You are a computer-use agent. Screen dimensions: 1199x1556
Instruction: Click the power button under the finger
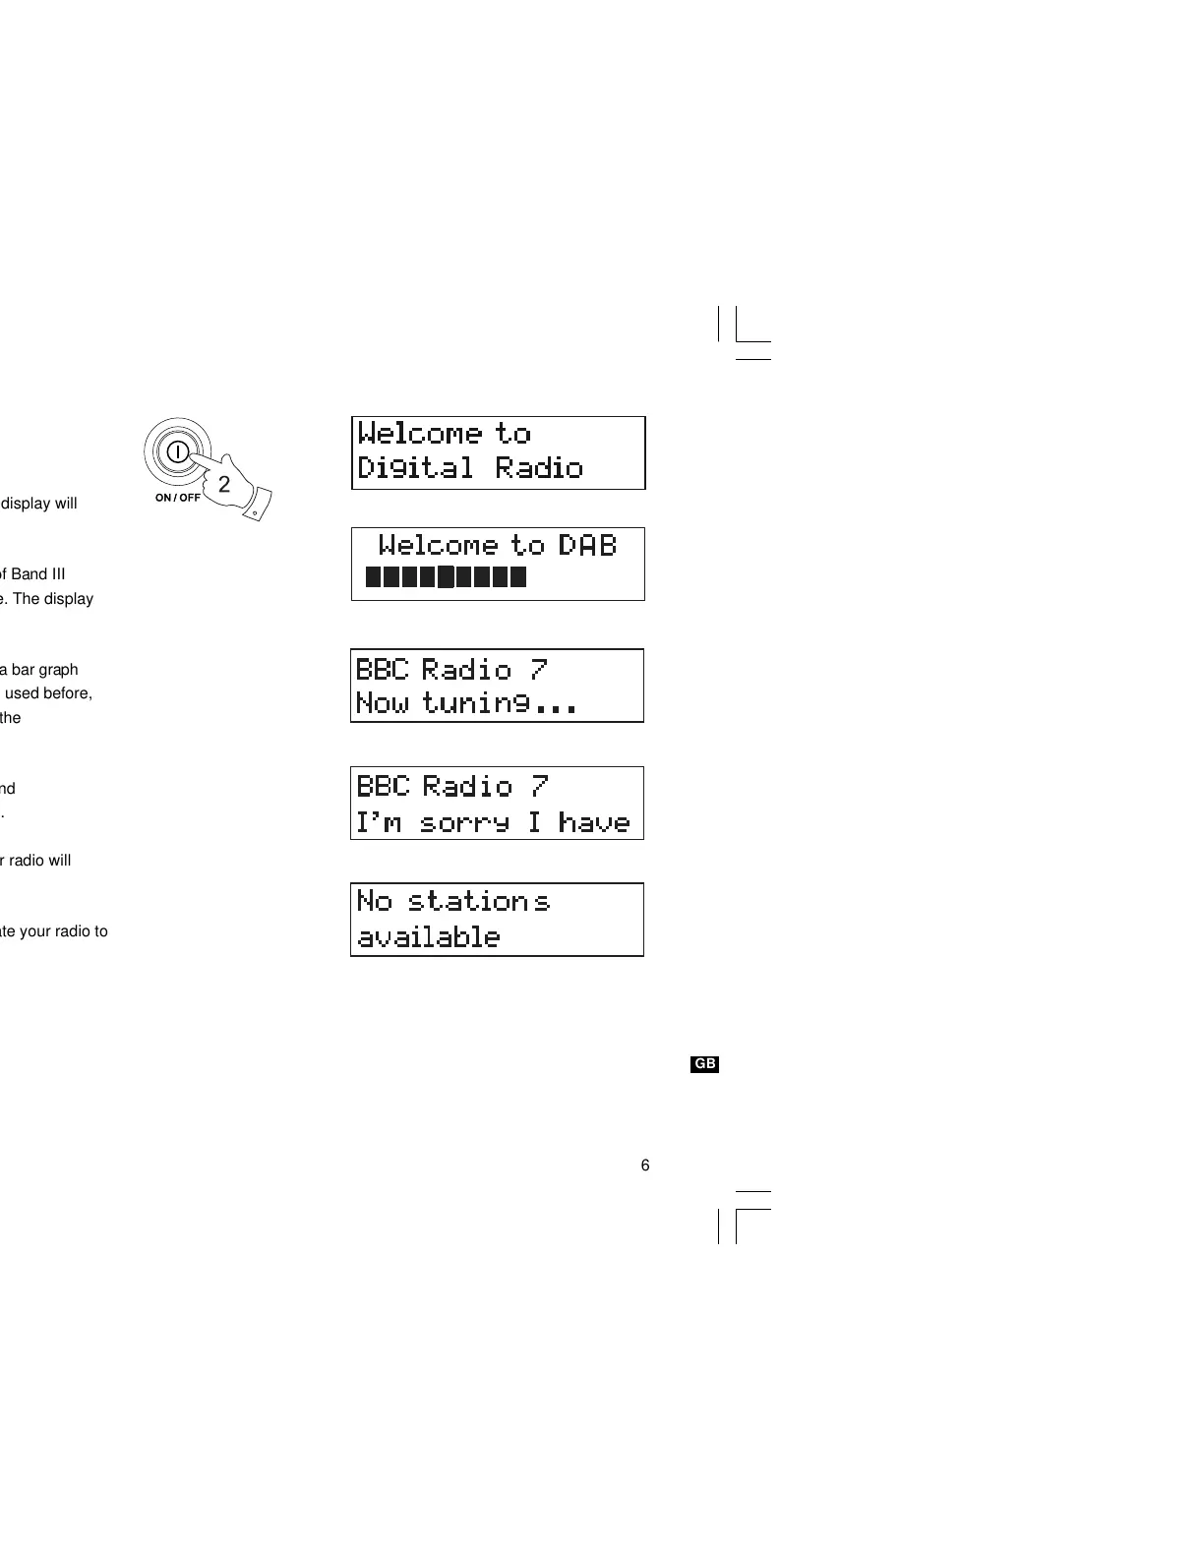coord(177,452)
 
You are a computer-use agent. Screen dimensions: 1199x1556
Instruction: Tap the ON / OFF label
coord(177,498)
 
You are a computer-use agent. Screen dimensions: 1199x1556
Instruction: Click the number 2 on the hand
coord(224,484)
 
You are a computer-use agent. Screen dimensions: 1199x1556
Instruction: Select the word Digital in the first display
coord(414,468)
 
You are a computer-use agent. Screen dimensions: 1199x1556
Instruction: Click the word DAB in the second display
coord(587,545)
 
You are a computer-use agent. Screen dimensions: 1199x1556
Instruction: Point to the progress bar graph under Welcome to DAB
coord(446,576)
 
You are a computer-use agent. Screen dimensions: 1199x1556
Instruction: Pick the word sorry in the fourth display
coord(464,822)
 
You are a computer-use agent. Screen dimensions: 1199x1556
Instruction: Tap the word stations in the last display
coord(478,901)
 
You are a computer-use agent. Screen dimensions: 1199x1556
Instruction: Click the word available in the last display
coord(428,936)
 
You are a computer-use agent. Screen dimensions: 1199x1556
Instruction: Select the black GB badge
coord(705,1064)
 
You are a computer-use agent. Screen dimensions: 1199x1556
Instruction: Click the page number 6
coord(645,1166)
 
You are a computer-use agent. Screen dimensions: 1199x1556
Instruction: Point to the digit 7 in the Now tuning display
coord(538,670)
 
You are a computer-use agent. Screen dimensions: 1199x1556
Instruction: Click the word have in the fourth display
coord(593,822)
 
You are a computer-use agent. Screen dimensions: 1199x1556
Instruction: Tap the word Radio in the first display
coord(539,468)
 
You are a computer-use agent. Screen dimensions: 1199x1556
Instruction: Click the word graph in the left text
coord(58,670)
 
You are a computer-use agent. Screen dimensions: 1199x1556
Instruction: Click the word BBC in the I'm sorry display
coord(383,786)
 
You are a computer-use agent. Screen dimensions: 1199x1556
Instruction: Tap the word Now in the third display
coord(382,703)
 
